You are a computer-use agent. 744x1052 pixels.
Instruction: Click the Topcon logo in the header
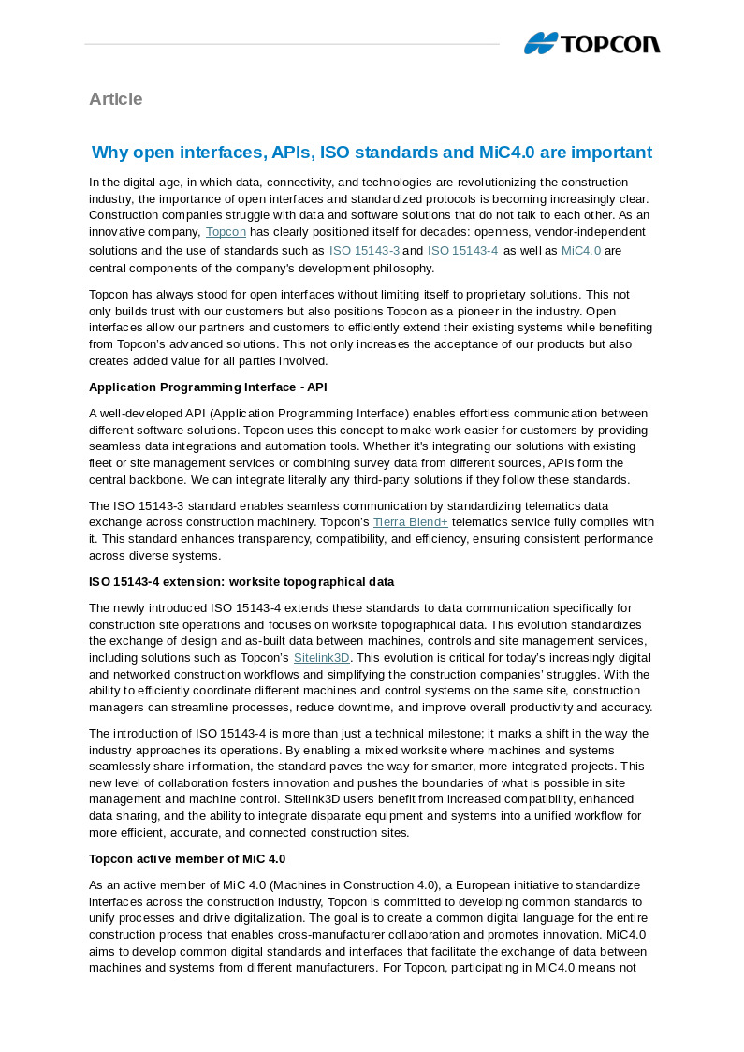591,43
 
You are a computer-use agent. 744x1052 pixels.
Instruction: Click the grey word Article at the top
115,99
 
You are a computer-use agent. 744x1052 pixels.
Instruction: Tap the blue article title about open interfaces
372,153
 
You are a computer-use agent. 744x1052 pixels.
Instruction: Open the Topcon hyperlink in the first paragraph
226,232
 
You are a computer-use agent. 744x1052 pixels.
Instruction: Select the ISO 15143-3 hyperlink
364,251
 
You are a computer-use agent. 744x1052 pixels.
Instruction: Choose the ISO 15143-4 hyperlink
462,251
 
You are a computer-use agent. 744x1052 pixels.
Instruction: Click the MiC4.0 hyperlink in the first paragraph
580,251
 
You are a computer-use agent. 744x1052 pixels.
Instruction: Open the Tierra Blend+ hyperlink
410,522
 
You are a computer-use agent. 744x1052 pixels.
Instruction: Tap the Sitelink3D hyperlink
321,658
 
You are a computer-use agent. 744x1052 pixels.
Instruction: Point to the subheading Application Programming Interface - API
208,387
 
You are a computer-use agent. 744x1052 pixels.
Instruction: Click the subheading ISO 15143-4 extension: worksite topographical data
241,582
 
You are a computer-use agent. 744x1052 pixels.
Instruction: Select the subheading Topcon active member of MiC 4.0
187,859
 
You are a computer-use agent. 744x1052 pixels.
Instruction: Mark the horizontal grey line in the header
292,44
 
